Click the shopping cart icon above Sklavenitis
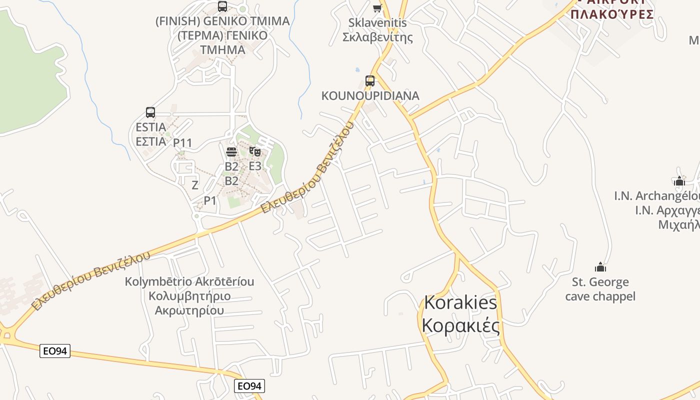coord(377,8)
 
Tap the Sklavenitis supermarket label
coord(377,30)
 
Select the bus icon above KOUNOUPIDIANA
coord(370,80)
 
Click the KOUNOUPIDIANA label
coord(370,95)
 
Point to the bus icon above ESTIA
coord(150,112)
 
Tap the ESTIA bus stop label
coord(151,134)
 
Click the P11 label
coord(182,143)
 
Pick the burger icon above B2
coord(231,151)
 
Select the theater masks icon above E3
coord(255,151)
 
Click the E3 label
coord(255,166)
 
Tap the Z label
coord(195,185)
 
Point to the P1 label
coord(210,200)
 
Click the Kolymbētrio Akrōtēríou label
coord(189,296)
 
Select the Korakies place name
coord(460,314)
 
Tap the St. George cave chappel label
coord(600,289)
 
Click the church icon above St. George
coord(600,267)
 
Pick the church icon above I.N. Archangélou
coord(679,181)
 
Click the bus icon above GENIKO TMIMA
coord(222,6)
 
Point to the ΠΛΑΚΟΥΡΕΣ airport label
coord(612,13)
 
